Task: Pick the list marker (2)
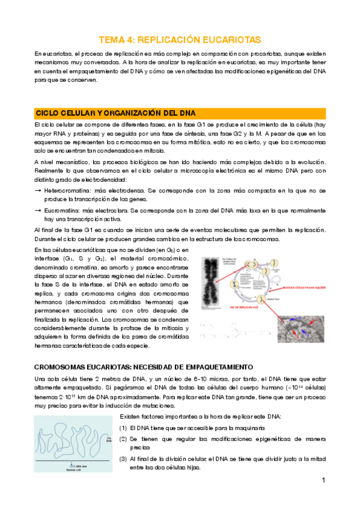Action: [123, 439]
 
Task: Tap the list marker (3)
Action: [123, 459]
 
